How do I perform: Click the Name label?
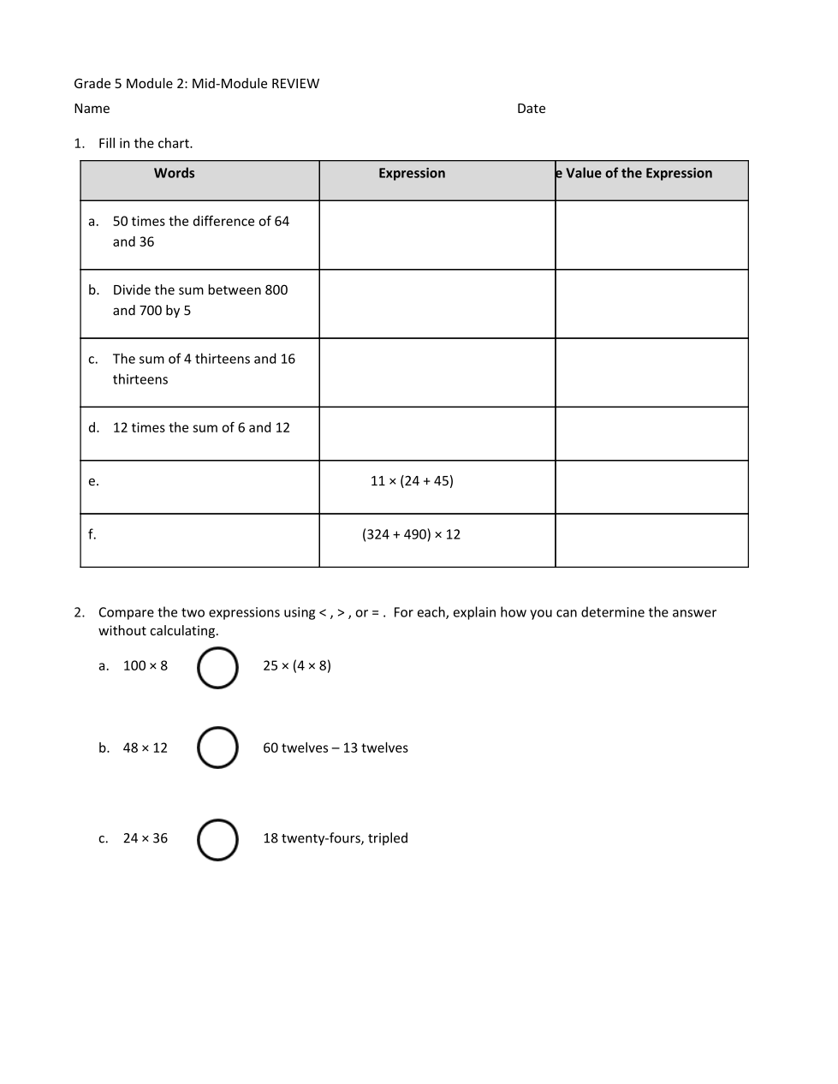[x=92, y=109]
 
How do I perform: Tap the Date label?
[x=531, y=109]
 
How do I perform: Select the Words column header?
[x=175, y=173]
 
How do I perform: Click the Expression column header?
[x=412, y=173]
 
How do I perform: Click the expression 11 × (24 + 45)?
[x=412, y=481]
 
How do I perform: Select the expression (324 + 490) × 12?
[x=411, y=534]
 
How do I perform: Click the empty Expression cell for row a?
[x=437, y=235]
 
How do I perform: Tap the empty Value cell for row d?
[x=651, y=433]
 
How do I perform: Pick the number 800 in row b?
[x=276, y=290]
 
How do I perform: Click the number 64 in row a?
[x=282, y=221]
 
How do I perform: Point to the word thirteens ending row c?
[x=140, y=379]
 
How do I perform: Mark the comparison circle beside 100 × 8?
[x=217, y=668]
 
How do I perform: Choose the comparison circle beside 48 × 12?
[x=217, y=747]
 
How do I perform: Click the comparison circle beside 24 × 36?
[x=217, y=840]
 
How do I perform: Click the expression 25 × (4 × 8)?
[x=297, y=666]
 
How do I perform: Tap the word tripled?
[x=388, y=838]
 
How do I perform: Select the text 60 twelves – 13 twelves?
[x=336, y=748]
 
